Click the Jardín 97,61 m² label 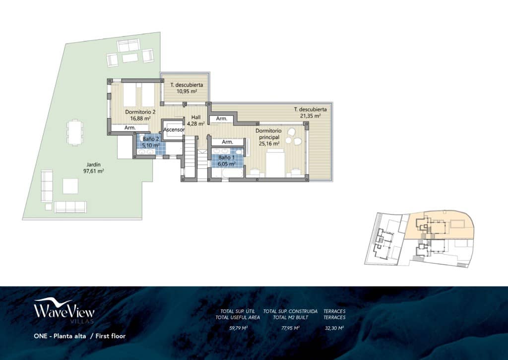pos(93,167)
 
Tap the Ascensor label pos(174,130)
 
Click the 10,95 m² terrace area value pos(184,91)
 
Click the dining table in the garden pos(75,132)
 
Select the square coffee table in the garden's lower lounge pos(70,186)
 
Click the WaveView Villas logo pos(64,311)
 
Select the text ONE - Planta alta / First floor pos(79,336)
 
